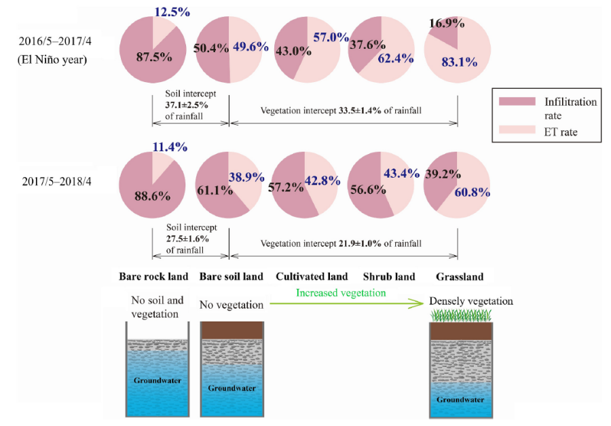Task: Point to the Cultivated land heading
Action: pos(312,276)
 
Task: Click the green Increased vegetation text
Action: pos(340,293)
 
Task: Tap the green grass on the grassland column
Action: pos(461,315)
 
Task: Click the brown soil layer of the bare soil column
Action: pos(232,330)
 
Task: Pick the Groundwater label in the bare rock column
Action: pos(158,381)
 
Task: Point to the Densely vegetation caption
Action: pos(470,301)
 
